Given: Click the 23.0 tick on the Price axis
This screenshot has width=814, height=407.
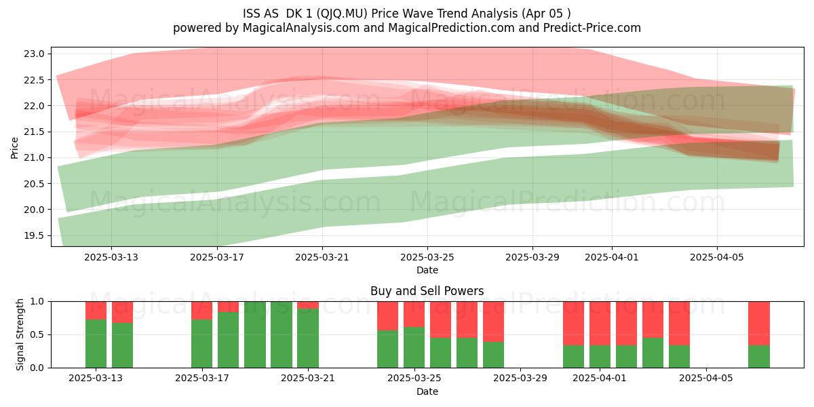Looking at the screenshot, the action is click(34, 54).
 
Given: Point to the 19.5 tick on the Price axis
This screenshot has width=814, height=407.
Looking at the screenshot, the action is click(34, 235).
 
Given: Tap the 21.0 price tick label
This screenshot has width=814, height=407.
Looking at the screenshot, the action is click(34, 157).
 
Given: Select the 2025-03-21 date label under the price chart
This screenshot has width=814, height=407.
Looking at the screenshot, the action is click(322, 257).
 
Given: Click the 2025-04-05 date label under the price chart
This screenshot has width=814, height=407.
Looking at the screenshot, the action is click(716, 257).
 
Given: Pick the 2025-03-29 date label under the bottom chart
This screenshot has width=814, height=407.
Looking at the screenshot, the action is click(520, 378).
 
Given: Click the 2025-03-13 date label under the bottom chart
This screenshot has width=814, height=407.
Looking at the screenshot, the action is click(96, 378).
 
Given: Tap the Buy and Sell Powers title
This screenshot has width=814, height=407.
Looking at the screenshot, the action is click(427, 291).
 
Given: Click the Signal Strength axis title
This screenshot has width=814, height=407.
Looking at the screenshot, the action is click(20, 334).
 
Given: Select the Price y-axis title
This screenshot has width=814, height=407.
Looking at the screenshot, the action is click(14, 148).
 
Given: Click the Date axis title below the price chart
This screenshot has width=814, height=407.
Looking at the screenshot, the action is click(427, 270).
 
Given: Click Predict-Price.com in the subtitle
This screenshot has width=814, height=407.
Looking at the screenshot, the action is click(592, 28).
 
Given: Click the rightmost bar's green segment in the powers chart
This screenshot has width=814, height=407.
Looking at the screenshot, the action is click(759, 357).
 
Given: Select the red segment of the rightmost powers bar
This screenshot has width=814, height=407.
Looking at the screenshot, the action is click(759, 324).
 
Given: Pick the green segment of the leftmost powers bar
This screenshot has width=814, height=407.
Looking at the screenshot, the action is click(96, 344).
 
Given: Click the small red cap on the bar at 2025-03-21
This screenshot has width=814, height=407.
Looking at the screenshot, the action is click(308, 305).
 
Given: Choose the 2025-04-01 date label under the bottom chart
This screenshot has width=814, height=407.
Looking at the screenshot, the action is click(600, 378).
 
